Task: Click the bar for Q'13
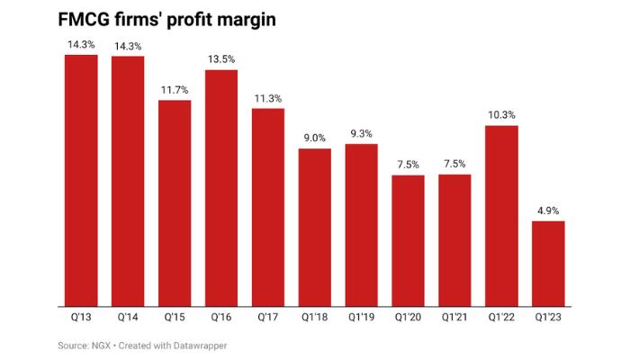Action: [x=81, y=180]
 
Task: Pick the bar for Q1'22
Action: [x=501, y=215]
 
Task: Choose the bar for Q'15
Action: [x=175, y=202]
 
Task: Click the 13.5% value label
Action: [x=221, y=59]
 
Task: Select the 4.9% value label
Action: [x=548, y=211]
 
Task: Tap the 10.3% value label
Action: [x=501, y=115]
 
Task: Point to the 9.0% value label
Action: [x=315, y=138]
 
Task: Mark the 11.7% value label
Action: [x=175, y=90]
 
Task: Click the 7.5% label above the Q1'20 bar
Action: [x=408, y=165]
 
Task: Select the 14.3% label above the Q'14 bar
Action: [x=128, y=45]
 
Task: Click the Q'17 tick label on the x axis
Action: [x=268, y=317]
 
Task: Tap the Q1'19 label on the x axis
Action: [x=361, y=317]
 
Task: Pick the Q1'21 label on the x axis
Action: [x=454, y=317]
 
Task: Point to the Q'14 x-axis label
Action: [x=128, y=317]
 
